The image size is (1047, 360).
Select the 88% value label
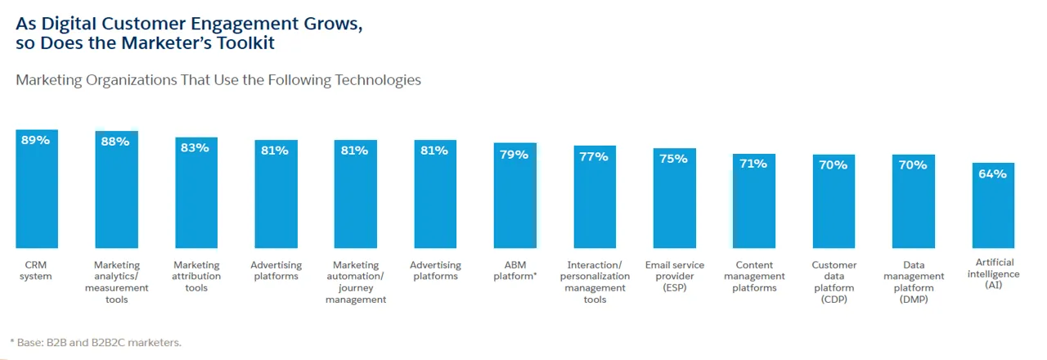[x=116, y=142]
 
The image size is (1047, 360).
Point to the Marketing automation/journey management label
[x=356, y=282]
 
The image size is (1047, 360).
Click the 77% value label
[x=595, y=156]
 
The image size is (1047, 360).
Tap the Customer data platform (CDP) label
[x=834, y=282]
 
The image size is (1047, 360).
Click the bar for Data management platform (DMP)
[x=914, y=209]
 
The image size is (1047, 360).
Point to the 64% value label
[x=993, y=173]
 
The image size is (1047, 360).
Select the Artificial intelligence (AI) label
[x=993, y=273]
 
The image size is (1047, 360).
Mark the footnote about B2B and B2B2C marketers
[x=95, y=342]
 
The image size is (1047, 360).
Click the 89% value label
[x=36, y=140]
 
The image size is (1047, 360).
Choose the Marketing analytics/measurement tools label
[x=116, y=282]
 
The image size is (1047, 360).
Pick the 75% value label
[x=675, y=159]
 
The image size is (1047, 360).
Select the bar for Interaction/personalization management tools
[x=595, y=205]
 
